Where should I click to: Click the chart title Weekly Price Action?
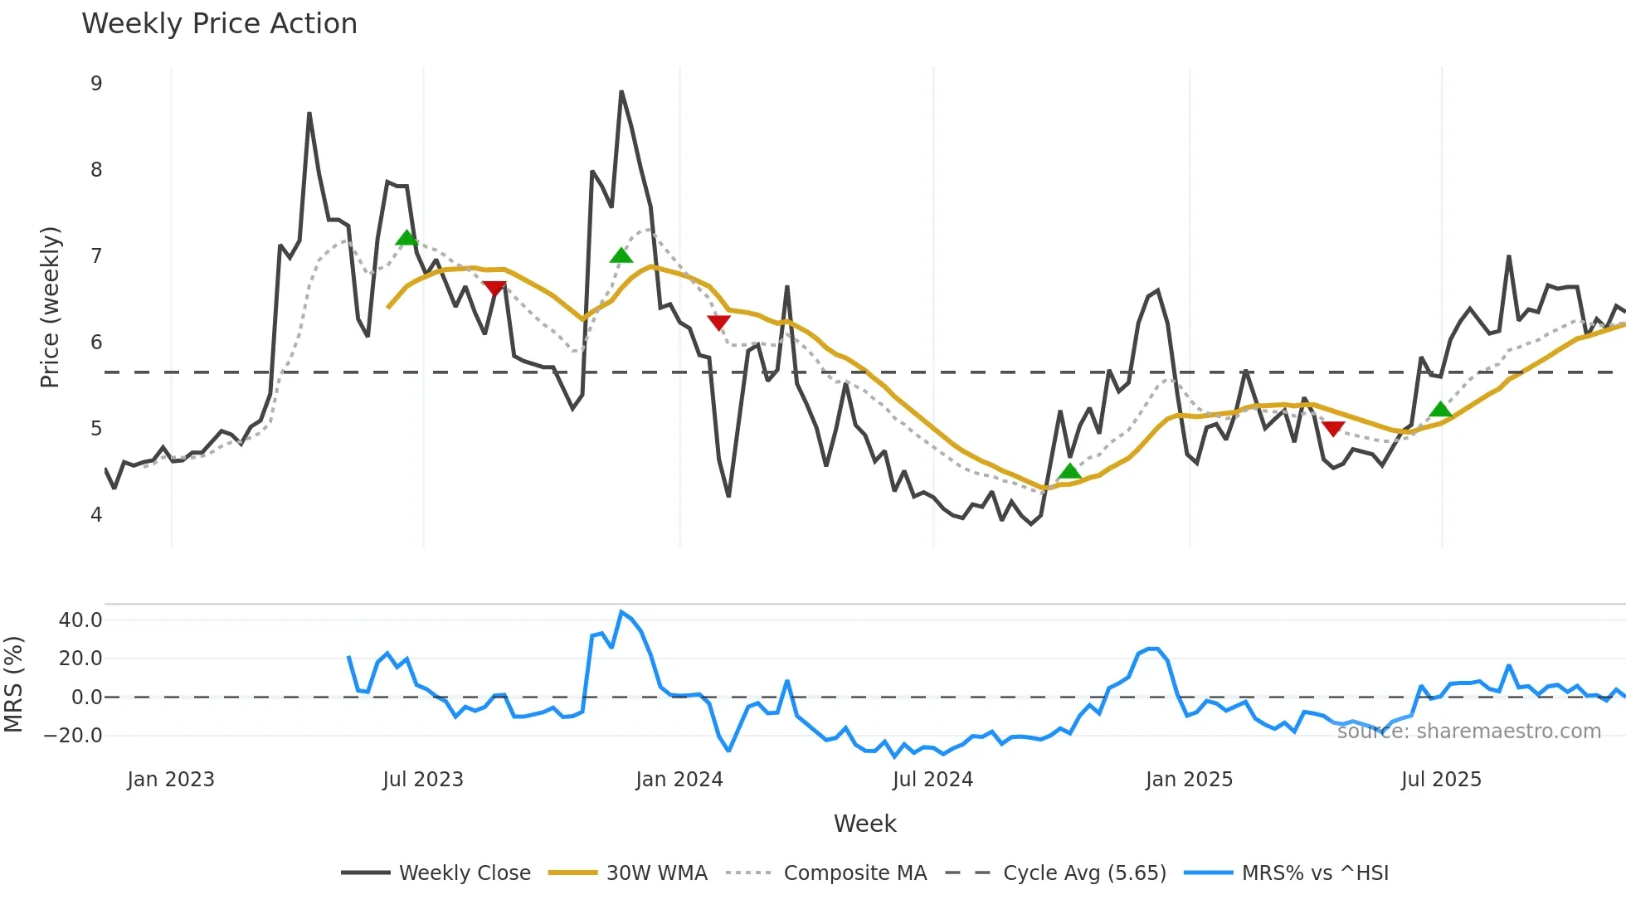click(219, 24)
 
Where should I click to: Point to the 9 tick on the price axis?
click(96, 83)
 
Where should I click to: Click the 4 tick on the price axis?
click(96, 514)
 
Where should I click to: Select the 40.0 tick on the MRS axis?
click(80, 620)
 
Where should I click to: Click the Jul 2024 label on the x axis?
click(932, 780)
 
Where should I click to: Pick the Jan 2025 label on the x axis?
click(1189, 780)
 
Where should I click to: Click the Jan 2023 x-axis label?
click(171, 780)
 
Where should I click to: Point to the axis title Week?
click(864, 824)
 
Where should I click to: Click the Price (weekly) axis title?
click(50, 307)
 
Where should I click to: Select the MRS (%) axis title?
click(13, 684)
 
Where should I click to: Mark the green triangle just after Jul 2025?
click(1441, 410)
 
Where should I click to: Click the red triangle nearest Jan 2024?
click(718, 322)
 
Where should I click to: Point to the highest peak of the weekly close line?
click(621, 91)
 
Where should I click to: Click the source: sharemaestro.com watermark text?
click(1468, 731)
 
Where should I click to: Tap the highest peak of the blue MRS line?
click(621, 612)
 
